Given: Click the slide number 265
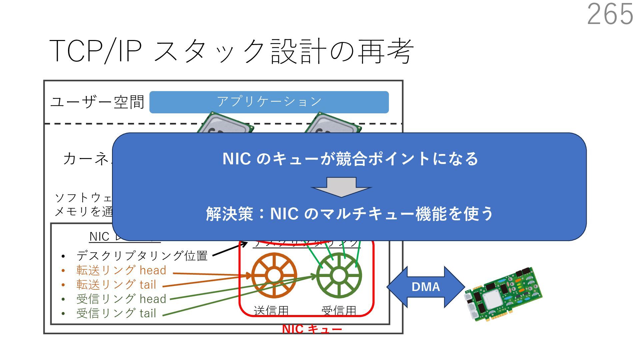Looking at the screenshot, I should click(610, 14).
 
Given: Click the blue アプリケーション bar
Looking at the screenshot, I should click(269, 102).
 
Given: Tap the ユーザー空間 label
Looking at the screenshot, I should click(97, 102).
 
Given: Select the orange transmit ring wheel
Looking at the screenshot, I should click(274, 275).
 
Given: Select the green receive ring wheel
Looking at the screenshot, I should click(339, 275).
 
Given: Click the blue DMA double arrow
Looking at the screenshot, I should click(426, 287).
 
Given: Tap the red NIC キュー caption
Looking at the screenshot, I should click(312, 329).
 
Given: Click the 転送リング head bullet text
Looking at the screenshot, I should click(121, 270).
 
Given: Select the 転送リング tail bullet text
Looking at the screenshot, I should click(116, 285).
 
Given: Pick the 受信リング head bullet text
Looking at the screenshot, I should click(121, 299).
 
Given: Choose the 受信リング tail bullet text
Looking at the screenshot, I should click(116, 313).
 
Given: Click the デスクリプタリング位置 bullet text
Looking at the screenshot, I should click(142, 256).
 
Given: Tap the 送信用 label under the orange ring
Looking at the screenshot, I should click(271, 311).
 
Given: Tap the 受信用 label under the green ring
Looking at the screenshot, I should click(339, 311).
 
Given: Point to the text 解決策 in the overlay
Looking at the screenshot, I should click(230, 214).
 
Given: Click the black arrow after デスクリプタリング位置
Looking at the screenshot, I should click(230, 250).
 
